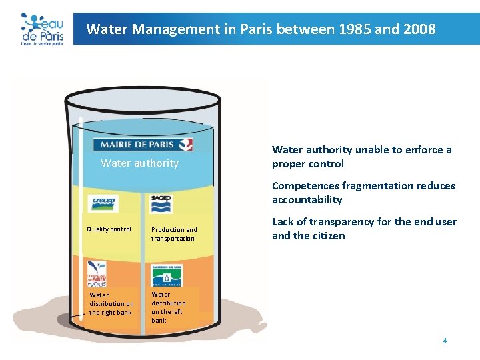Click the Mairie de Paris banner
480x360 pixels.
coord(143,145)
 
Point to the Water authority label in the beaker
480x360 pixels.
coord(139,163)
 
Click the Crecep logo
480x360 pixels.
coord(103,203)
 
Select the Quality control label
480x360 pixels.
coord(109,229)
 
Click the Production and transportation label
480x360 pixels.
coord(173,234)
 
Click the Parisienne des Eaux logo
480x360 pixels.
coord(167,274)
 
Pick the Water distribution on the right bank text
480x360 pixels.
coord(111,303)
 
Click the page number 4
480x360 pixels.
coord(445,341)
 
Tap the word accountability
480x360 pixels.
coord(307,200)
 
